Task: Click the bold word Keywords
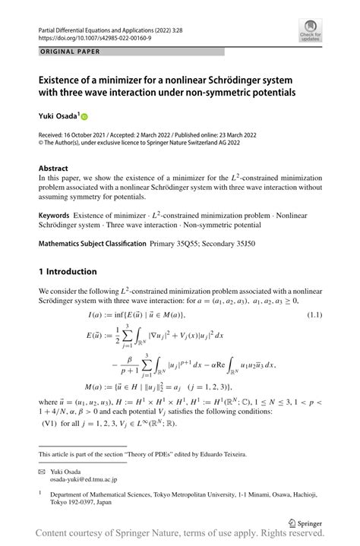[x=56, y=215]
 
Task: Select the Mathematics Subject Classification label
[x=93, y=244]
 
